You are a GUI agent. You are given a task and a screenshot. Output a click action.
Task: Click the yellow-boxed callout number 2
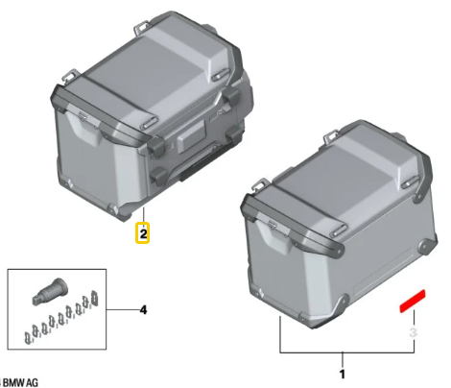143,232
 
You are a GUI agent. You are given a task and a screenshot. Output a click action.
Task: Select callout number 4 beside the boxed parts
144,310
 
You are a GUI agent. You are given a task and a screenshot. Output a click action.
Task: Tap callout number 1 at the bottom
343,375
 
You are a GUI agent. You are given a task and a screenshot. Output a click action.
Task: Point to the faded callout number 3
414,332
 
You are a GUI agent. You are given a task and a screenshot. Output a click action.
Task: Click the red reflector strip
413,301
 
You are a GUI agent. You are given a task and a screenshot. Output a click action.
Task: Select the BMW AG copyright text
20,382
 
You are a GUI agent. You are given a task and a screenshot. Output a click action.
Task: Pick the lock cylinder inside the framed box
50,291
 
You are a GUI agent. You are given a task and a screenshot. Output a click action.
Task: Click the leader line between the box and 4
123,310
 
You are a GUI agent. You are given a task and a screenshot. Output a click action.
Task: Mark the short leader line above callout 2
144,214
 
